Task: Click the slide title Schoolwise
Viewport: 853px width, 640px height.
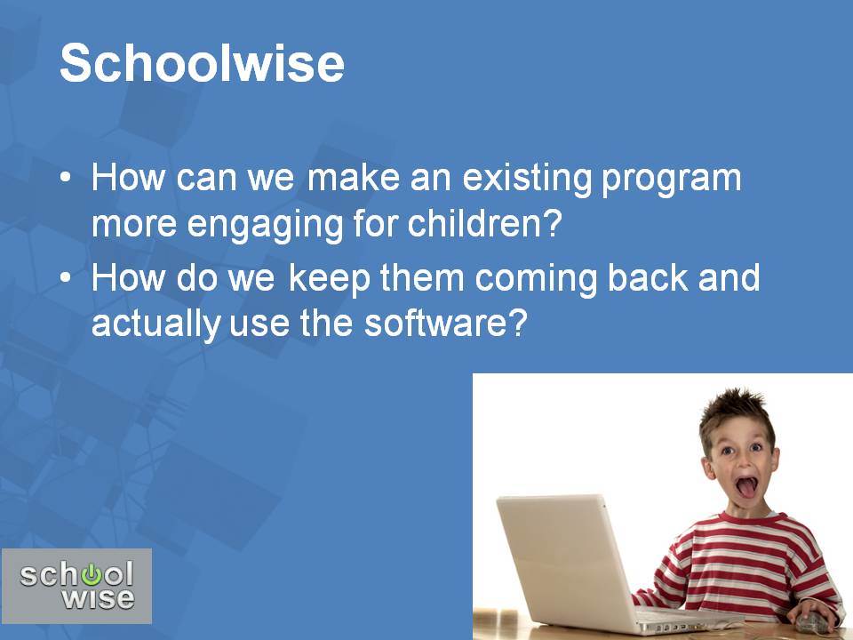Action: point(202,63)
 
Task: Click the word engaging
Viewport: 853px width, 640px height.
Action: point(266,225)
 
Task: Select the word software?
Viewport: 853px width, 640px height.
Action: point(445,323)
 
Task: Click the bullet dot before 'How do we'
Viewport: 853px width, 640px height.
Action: point(65,277)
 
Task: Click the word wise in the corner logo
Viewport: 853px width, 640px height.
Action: point(98,598)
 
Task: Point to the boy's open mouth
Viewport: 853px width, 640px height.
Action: point(746,487)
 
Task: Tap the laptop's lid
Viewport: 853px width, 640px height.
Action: point(566,561)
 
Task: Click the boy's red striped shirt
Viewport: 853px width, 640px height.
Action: point(740,566)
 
